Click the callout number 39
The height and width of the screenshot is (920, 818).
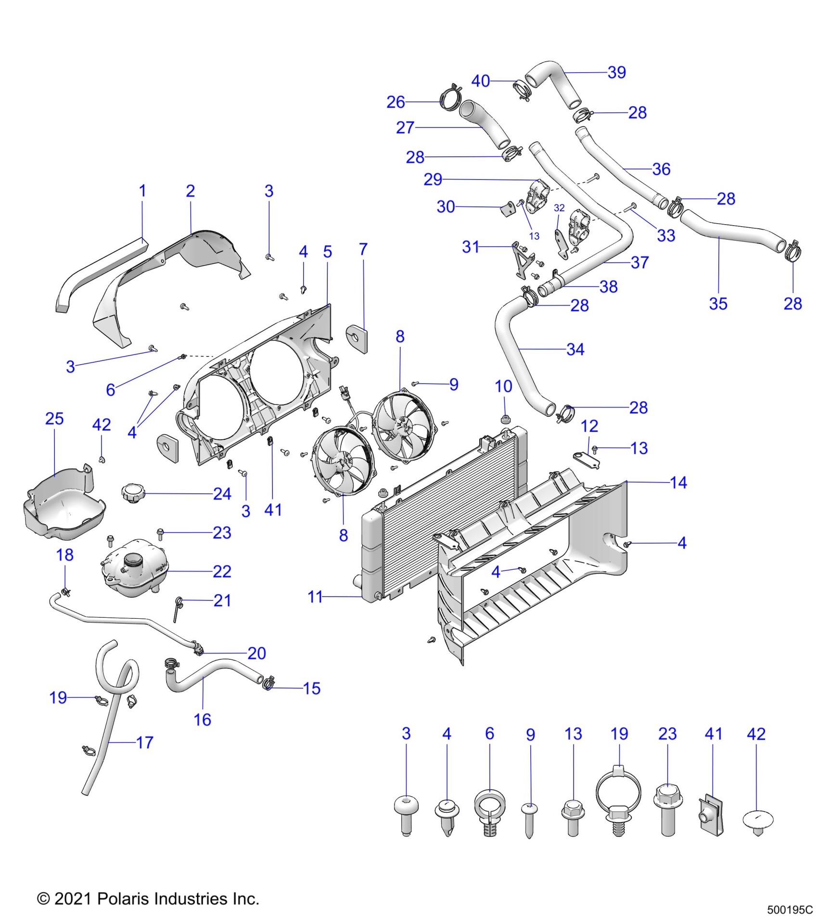click(616, 72)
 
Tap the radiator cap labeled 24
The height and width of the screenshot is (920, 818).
click(133, 492)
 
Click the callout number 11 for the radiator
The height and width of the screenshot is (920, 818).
click(315, 597)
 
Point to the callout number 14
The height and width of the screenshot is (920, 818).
click(678, 483)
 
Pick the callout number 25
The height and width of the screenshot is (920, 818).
click(54, 419)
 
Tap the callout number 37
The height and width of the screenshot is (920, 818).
click(639, 262)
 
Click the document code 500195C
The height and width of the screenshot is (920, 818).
click(790, 910)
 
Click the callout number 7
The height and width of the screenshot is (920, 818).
click(363, 249)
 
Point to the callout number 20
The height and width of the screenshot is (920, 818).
click(256, 653)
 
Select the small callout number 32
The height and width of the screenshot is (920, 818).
click(559, 208)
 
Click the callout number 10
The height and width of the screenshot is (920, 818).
click(503, 386)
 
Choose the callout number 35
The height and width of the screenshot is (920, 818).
click(718, 304)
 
